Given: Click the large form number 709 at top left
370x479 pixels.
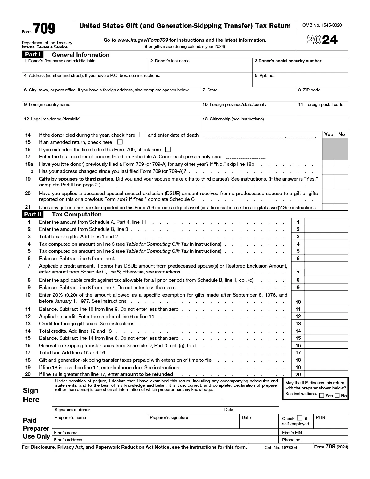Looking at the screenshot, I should pos(44,29).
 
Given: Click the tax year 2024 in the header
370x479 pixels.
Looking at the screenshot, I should pos(322,40).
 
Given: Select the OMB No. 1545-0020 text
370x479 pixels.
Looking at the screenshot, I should pos(322,25).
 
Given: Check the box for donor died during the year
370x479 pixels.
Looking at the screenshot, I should pos(142,135).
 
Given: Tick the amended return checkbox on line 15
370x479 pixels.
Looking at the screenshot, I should pos(120,142).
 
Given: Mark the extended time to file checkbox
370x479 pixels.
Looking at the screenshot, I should pos(168,149).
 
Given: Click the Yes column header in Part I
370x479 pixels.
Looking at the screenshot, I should pos(329,134).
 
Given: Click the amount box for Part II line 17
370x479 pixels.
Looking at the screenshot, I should pos(326,353).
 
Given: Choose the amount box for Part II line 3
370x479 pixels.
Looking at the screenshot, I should pos(326,237).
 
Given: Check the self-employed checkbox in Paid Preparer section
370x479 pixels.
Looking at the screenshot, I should pos(299,418).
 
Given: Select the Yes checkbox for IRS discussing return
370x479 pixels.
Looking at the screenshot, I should pos(322,396).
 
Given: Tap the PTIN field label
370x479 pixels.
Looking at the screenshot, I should pos(320,418).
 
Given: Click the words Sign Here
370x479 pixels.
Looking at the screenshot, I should pos(31,395).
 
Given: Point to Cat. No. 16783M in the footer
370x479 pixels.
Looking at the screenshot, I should pos(280,448).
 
